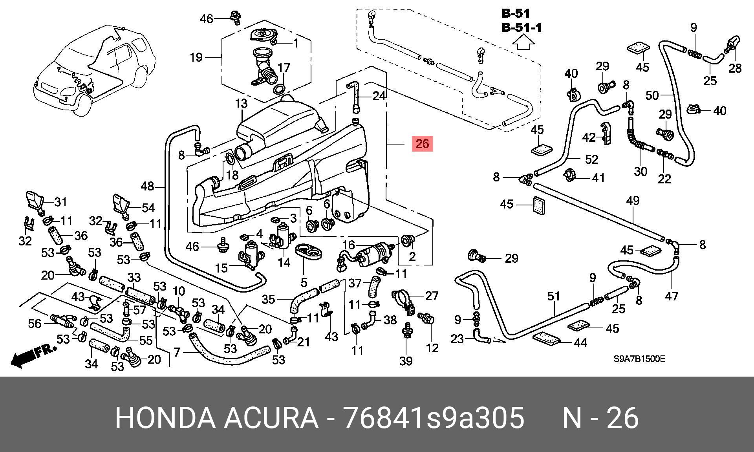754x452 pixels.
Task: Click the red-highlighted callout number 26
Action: [x=422, y=144]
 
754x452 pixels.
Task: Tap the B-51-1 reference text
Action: [x=522, y=27]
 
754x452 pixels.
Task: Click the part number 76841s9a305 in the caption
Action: [x=434, y=418]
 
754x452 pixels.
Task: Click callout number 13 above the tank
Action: [x=242, y=104]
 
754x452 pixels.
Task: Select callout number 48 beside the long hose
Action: [x=148, y=186]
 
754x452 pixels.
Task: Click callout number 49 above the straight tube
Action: [x=633, y=201]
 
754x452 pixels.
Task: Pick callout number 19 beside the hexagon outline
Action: [x=196, y=58]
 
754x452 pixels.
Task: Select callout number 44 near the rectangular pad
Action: [x=580, y=343]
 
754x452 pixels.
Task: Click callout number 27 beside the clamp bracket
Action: [x=432, y=296]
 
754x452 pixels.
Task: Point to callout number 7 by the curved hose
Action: [x=177, y=352]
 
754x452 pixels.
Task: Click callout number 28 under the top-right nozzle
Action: [x=735, y=68]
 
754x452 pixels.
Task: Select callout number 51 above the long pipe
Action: [x=553, y=296]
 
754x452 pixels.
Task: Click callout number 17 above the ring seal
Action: [x=284, y=68]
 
